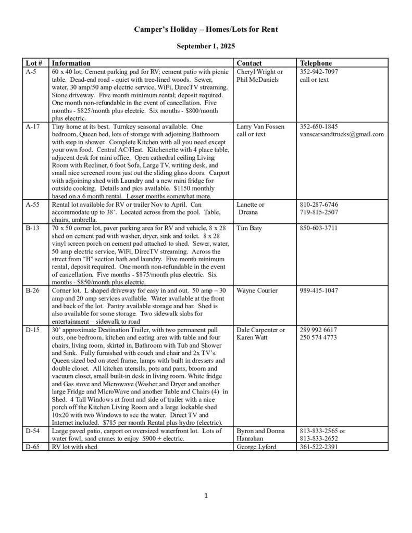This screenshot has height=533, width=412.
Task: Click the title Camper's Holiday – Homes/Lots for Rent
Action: (206, 30)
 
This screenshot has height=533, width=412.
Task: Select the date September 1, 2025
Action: (206, 46)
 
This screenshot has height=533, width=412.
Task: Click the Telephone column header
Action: (316, 63)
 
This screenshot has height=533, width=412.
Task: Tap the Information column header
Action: (71, 63)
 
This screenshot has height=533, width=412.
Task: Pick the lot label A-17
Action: (32, 126)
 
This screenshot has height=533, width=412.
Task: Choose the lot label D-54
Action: (32, 431)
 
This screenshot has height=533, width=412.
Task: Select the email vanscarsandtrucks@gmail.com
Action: (342, 134)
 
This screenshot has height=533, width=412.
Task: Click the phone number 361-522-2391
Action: (318, 447)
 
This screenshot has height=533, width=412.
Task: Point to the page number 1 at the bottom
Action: (206, 496)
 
